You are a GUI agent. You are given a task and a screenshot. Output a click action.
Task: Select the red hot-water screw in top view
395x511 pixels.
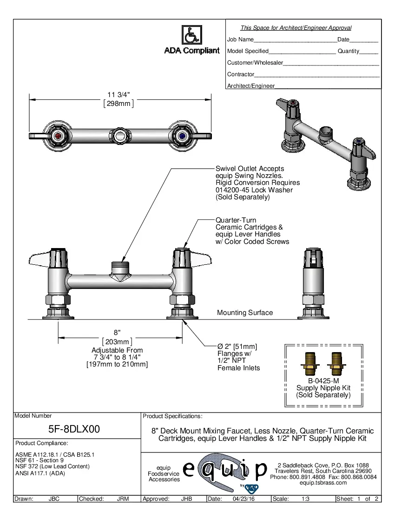[58, 136]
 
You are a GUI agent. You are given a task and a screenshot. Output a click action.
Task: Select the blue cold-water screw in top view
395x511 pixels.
[181, 136]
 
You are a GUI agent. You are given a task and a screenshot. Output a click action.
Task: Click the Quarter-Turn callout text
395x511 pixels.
[236, 220]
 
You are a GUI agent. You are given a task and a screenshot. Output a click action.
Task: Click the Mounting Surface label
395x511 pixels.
[245, 313]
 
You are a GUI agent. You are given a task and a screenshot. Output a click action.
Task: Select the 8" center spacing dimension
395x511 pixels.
[117, 333]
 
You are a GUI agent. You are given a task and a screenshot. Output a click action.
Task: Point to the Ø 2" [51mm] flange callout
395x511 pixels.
[237, 347]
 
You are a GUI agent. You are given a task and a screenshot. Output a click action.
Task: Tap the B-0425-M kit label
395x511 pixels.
[323, 380]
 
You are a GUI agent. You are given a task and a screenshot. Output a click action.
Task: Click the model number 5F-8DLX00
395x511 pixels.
[74, 429]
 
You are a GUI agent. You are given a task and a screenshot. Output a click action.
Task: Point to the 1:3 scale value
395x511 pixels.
[306, 499]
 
